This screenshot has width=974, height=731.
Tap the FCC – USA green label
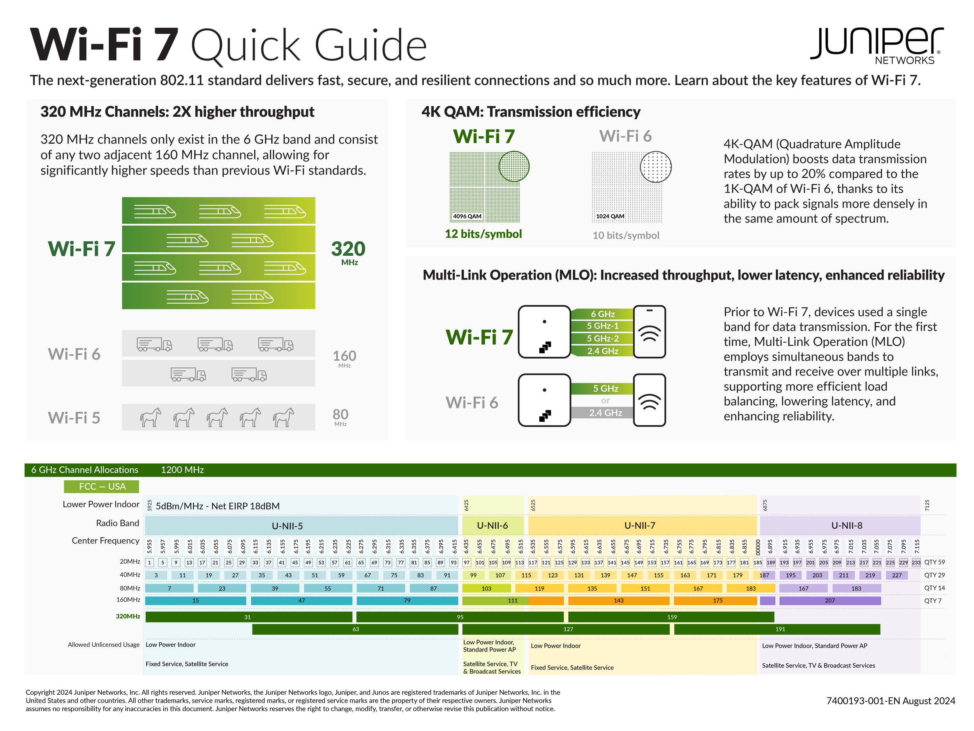(102, 487)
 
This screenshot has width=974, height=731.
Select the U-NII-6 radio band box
(493, 525)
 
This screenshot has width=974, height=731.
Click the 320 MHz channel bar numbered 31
(249, 617)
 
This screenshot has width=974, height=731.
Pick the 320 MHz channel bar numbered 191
(777, 629)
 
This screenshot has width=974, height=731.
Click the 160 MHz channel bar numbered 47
(302, 600)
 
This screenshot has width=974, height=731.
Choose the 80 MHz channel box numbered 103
(487, 588)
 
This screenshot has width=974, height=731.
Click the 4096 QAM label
(467, 216)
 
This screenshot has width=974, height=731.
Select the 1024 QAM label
(610, 216)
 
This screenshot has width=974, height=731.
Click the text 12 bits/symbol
(483, 234)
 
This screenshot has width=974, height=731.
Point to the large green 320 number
(348, 249)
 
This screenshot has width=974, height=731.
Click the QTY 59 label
(934, 562)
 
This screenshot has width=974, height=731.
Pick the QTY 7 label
(933, 600)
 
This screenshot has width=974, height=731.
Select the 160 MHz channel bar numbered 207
(830, 600)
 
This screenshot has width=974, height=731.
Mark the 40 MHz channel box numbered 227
(897, 575)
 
